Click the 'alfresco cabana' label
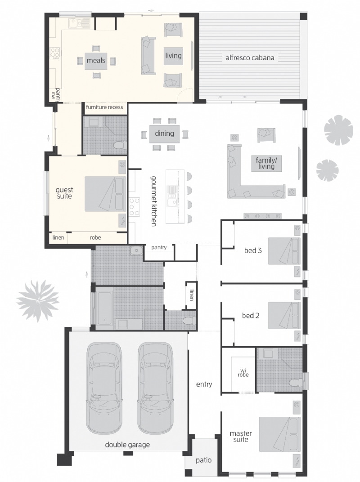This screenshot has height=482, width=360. (250, 58)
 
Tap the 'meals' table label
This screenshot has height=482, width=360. (95, 60)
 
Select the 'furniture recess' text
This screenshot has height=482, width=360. (104, 107)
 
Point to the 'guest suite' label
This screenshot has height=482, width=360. (64, 193)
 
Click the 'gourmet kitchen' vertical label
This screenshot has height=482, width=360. (153, 201)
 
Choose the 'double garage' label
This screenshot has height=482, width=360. (127, 445)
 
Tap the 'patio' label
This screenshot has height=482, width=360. (203, 460)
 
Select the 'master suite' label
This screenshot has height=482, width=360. (241, 436)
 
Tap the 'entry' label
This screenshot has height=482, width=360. (204, 384)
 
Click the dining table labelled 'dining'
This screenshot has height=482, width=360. (164, 134)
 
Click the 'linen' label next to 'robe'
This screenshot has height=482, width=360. (58, 237)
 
